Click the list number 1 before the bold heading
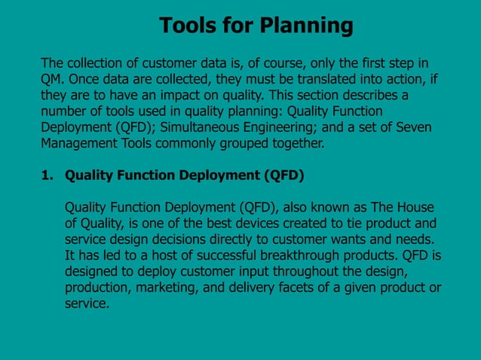click(46, 175)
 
